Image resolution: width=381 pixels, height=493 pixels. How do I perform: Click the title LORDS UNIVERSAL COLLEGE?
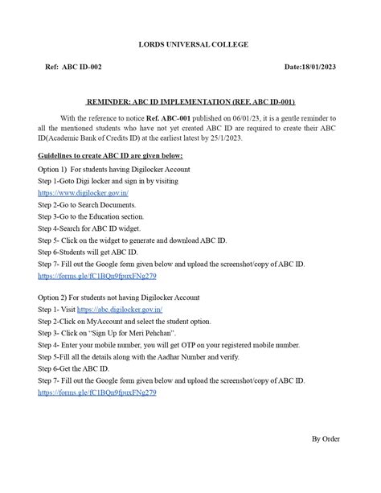(190, 45)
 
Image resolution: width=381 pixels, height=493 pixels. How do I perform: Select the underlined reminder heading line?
(190, 104)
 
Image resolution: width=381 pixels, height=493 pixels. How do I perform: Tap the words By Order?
(326, 439)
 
